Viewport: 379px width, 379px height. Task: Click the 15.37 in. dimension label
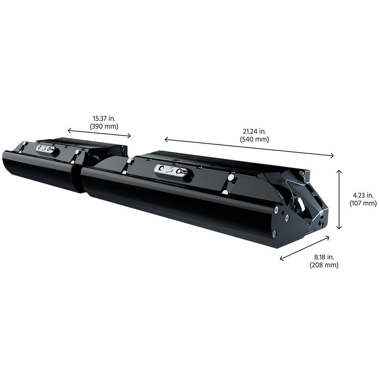tap(104, 118)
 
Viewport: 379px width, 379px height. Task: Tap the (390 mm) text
tap(104, 126)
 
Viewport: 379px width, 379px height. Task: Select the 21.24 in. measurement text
tap(254, 132)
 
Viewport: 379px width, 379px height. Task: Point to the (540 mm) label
tap(254, 139)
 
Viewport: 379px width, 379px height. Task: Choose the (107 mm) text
tap(363, 203)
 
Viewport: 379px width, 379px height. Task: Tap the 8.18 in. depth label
tap(324, 257)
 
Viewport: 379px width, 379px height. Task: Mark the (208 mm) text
tap(324, 265)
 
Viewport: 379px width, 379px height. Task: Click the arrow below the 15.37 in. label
tap(99, 133)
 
